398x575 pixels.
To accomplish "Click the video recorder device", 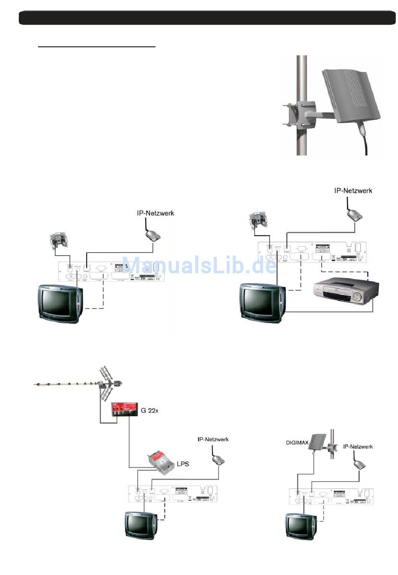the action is pyautogui.click(x=346, y=293).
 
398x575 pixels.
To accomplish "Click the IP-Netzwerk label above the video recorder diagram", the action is pyautogui.click(x=353, y=191).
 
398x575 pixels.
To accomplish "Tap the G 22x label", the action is pyautogui.click(x=150, y=410).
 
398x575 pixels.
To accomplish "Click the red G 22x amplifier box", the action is pyautogui.click(x=124, y=409).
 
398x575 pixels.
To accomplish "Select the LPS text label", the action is pyautogui.click(x=183, y=464).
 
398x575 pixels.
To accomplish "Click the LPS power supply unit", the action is pyautogui.click(x=160, y=461).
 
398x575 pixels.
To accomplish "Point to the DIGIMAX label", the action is pyautogui.click(x=297, y=443).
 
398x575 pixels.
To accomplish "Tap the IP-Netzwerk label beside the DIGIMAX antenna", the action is pyautogui.click(x=358, y=447).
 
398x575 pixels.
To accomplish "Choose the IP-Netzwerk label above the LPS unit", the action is pyautogui.click(x=213, y=439).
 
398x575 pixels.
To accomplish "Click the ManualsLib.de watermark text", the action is pyautogui.click(x=199, y=265).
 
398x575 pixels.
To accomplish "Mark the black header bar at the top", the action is pyautogui.click(x=207, y=18).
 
